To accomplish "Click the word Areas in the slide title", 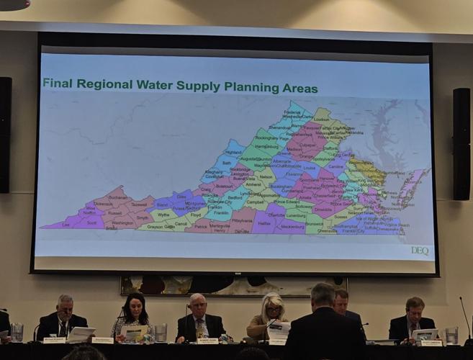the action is point(299,88).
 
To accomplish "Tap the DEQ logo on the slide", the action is point(420,250).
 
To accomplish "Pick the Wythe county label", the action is point(164,215).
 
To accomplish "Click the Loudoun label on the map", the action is point(321,119).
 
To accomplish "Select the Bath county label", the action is point(227,163).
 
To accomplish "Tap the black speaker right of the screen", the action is point(461,144).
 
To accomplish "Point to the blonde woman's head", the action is point(274,305).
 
